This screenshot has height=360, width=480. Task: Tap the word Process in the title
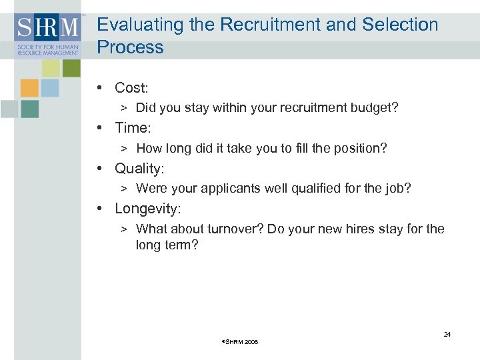(130, 47)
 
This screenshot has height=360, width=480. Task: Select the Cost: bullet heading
(131, 87)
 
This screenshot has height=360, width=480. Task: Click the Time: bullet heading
(133, 127)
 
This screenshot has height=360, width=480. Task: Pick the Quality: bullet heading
(139, 168)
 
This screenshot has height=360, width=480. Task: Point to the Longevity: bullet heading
(147, 209)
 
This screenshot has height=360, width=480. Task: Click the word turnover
(230, 229)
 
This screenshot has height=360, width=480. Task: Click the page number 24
(447, 334)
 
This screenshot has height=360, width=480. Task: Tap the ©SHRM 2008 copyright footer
(239, 342)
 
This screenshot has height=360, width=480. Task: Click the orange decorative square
(29, 88)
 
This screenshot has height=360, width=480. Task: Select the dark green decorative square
(29, 109)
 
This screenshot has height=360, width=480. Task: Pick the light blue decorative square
(50, 88)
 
